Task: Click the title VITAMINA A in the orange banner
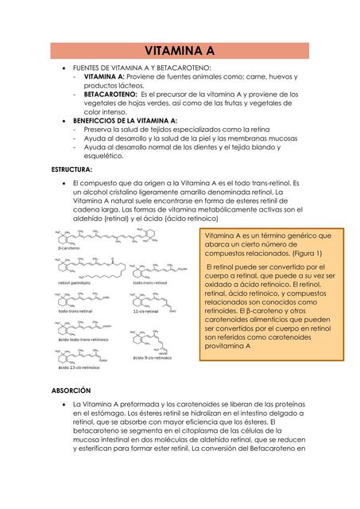pos(180,52)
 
